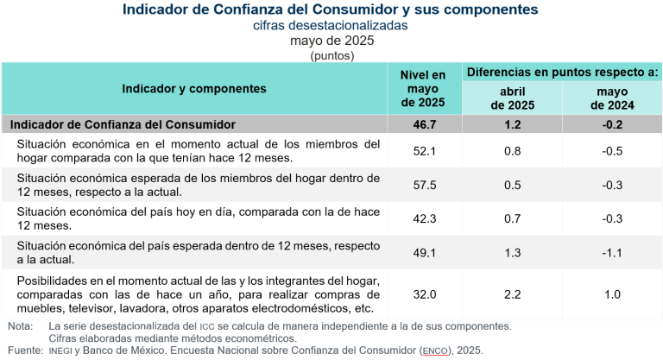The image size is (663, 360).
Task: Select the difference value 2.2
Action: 512,294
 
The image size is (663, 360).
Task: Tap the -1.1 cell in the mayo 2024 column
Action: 612,252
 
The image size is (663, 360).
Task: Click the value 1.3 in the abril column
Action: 512,252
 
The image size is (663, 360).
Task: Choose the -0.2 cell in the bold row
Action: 612,124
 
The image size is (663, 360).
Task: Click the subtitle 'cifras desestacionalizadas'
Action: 331,26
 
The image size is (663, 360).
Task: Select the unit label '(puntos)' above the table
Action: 331,54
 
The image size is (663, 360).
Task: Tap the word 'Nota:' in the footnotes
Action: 20,326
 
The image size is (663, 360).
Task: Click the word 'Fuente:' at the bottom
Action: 24,351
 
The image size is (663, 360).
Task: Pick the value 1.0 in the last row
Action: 612,294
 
